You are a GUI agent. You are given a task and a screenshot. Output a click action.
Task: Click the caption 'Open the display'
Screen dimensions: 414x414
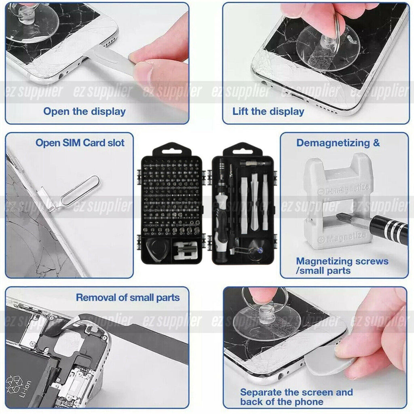pos(84,112)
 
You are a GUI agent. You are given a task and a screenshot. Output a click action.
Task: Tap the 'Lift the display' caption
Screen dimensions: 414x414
pos(268,112)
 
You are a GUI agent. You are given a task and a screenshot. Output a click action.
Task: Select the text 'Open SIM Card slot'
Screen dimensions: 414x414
pos(80,143)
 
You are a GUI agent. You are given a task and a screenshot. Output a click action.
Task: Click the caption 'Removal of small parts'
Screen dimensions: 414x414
pos(128,298)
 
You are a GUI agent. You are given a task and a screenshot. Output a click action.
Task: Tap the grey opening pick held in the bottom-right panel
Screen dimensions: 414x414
pos(327,364)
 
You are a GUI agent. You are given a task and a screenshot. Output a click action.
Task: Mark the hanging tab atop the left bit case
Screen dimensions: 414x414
pos(172,149)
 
